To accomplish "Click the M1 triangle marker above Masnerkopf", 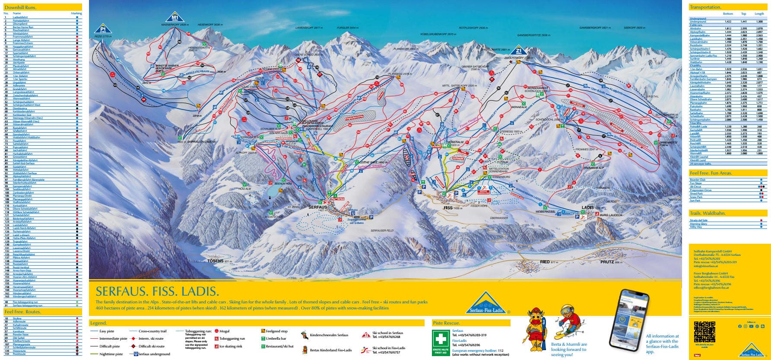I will [x=175, y=18].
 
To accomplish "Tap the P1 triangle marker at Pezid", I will [x=103, y=29].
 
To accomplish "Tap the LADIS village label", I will [x=588, y=208].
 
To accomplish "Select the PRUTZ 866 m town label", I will [x=611, y=262].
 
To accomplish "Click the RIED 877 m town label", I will [x=549, y=262].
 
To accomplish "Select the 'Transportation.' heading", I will [x=705, y=7].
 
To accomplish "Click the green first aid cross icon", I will [x=441, y=339].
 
